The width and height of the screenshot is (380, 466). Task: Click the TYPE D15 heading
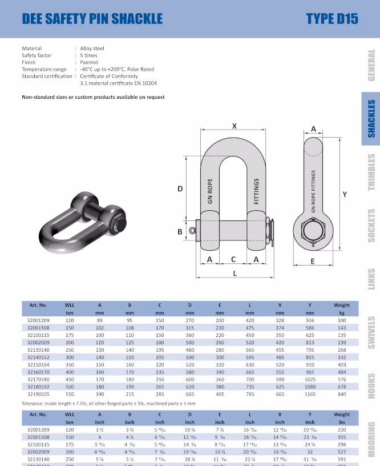[x=332, y=18]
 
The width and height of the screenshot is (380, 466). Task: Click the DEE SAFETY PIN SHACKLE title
[x=92, y=18]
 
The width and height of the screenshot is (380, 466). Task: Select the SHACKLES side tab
[x=371, y=119]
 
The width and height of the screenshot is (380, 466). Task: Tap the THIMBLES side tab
[x=371, y=172]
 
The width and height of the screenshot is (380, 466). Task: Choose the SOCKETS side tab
[x=371, y=226]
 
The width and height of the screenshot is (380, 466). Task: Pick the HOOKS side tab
[x=371, y=387]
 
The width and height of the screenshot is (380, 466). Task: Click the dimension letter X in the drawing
[x=234, y=126]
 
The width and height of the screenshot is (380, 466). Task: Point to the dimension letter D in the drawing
[x=180, y=188]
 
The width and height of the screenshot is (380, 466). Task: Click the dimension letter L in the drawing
[x=235, y=274]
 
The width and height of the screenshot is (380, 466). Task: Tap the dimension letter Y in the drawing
[x=345, y=195]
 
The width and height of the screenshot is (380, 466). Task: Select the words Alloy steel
[x=92, y=49]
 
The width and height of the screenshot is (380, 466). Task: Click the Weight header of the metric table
[x=342, y=305]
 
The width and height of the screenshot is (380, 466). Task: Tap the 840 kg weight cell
[x=342, y=394]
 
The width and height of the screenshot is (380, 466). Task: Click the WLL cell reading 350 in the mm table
[x=70, y=364]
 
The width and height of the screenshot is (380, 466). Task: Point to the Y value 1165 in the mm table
[x=310, y=394]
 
